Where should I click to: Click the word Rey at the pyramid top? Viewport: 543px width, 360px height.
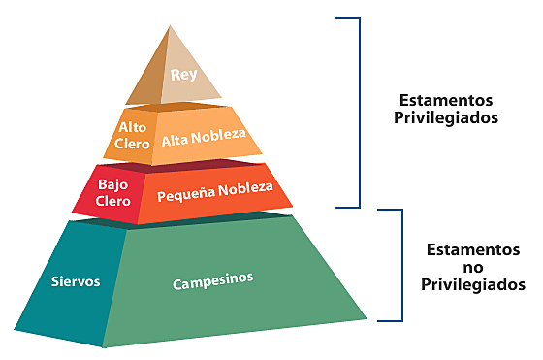[x=183, y=74]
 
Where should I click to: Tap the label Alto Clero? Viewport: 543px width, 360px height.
[x=133, y=135]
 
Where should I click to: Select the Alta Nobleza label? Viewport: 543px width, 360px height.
[x=205, y=139]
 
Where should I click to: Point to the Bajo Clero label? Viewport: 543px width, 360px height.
[x=113, y=193]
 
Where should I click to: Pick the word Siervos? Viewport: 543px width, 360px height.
[x=77, y=283]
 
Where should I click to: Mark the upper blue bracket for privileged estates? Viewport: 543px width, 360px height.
[x=358, y=112]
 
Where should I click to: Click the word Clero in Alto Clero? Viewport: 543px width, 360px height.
[x=134, y=144]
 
